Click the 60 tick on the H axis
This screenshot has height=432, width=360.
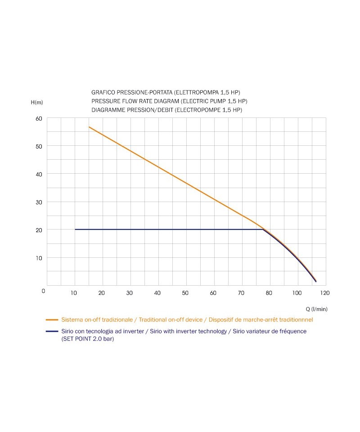tap(38, 118)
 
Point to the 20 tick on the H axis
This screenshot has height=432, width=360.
tap(38, 229)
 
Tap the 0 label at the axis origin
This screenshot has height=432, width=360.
tap(43, 291)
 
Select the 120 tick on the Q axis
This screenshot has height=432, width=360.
tap(325, 293)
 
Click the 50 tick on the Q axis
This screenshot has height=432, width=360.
tap(185, 293)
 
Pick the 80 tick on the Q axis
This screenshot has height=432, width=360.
tap(269, 293)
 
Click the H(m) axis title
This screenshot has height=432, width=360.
tap(37, 102)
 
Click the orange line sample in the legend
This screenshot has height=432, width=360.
tap(53, 319)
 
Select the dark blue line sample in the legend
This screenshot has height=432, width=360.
tap(53, 331)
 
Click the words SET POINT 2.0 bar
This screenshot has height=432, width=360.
tap(88, 339)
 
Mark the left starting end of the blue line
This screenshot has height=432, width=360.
tap(75, 229)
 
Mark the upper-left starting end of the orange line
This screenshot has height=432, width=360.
tap(89, 127)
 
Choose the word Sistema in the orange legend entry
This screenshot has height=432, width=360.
tap(72, 319)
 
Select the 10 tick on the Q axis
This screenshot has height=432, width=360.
tap(74, 293)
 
